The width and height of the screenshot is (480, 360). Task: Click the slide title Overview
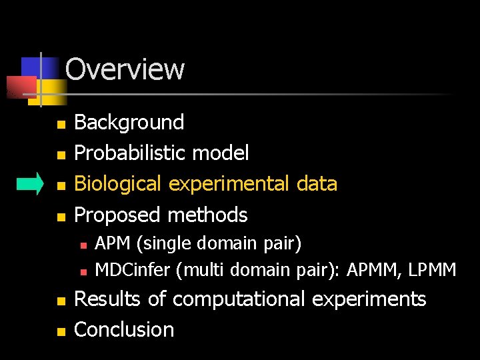pyautogui.click(x=125, y=69)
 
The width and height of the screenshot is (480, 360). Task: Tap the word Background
pyautogui.click(x=129, y=122)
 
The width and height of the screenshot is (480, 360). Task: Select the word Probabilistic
pyautogui.click(x=131, y=153)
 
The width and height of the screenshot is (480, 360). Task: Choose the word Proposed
pyautogui.click(x=118, y=215)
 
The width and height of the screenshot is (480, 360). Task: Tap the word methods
pyautogui.click(x=207, y=215)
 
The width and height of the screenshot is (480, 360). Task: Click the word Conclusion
pyautogui.click(x=124, y=329)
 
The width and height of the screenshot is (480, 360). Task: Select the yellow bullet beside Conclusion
pyautogui.click(x=61, y=331)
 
